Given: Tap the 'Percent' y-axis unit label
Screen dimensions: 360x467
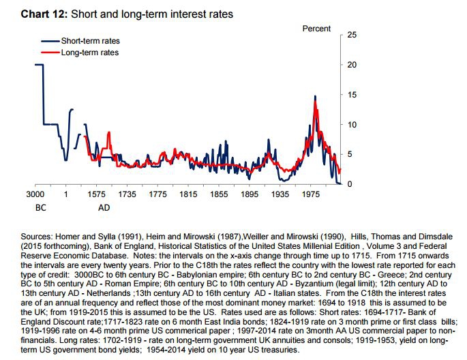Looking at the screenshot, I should (x=316, y=29).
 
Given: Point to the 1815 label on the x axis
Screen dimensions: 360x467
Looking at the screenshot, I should (x=189, y=195).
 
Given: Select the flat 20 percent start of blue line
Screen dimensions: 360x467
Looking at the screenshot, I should (x=38, y=65).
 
